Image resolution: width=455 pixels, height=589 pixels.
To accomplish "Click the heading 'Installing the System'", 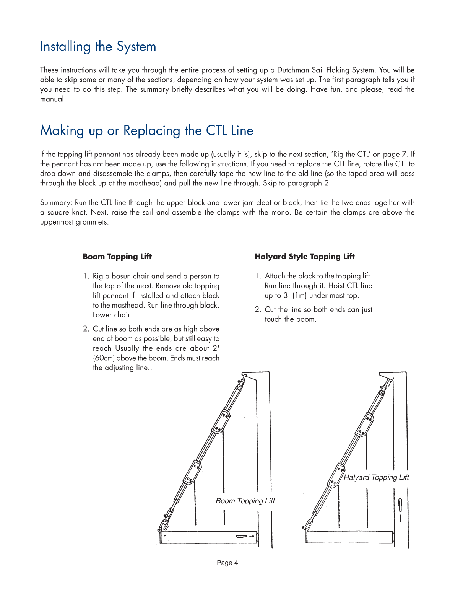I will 98,47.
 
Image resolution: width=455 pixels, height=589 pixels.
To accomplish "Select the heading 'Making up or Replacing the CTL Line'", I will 146,131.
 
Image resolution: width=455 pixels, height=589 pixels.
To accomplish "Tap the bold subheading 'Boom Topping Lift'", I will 117,257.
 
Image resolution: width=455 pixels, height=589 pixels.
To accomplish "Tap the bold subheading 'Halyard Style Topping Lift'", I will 304,257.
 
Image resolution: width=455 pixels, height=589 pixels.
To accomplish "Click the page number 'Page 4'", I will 227,563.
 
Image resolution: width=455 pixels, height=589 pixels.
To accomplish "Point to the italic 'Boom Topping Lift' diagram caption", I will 245,501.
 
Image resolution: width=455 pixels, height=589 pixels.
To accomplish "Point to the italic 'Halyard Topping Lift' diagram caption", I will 376,477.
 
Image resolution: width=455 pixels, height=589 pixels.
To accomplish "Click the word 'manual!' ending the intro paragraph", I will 53,99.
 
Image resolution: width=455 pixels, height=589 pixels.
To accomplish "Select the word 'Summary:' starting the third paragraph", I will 56,203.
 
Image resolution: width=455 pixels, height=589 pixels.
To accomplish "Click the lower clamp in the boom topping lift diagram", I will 193,473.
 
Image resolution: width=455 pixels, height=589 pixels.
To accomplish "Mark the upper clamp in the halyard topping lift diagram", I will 366,425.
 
